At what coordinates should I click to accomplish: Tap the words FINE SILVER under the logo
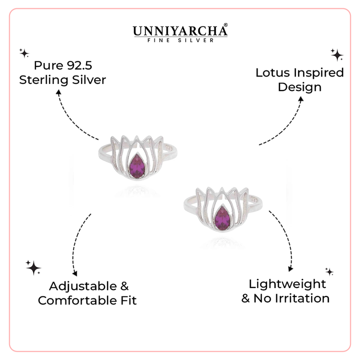(x=180, y=40)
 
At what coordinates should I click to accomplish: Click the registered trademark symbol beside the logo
(x=225, y=24)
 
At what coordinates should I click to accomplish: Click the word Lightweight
(x=287, y=284)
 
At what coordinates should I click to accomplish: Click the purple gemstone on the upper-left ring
(x=137, y=167)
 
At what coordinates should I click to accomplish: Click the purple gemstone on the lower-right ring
(x=222, y=218)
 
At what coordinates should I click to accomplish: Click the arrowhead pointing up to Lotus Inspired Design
(x=300, y=99)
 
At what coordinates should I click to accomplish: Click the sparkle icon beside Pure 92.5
(x=23, y=52)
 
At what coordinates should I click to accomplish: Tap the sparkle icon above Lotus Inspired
(x=336, y=54)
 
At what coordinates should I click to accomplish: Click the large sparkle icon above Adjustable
(x=33, y=267)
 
